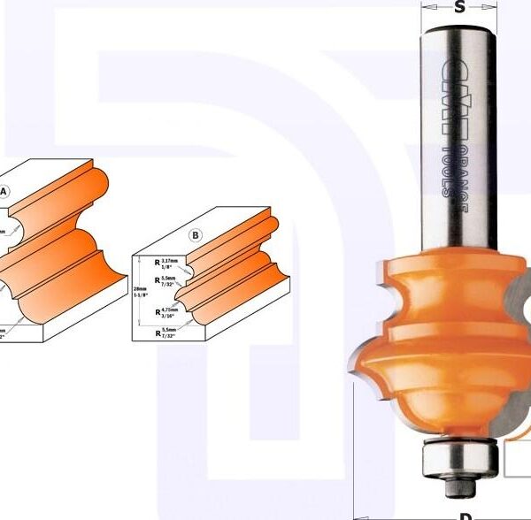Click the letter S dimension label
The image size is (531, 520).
click(459, 9)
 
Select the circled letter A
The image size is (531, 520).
click(4, 191)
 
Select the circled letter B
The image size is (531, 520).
click(196, 234)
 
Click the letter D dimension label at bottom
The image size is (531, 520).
click(463, 515)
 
